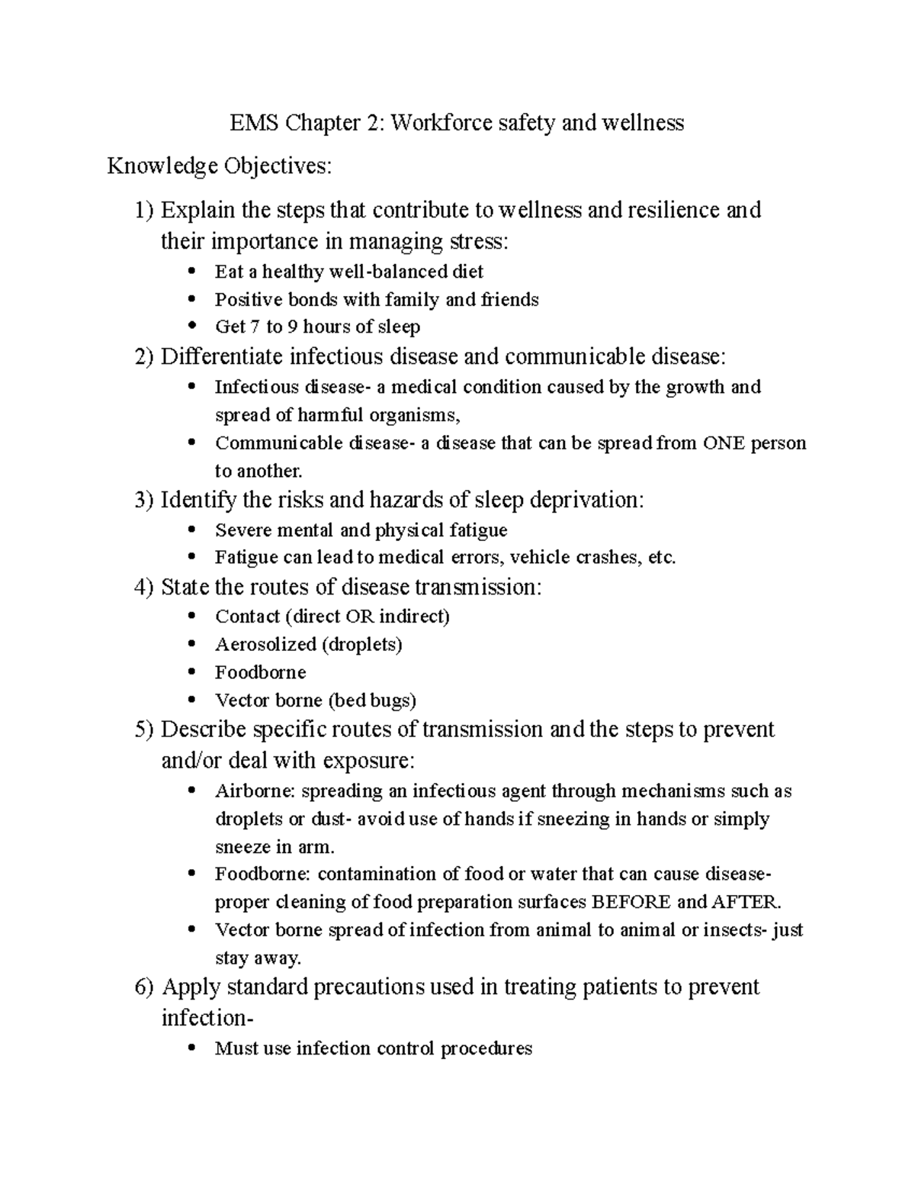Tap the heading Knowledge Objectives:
[x=220, y=166]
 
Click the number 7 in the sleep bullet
[x=255, y=327]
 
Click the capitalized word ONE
[x=724, y=443]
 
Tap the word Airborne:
[x=255, y=791]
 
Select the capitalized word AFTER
[x=746, y=902]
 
